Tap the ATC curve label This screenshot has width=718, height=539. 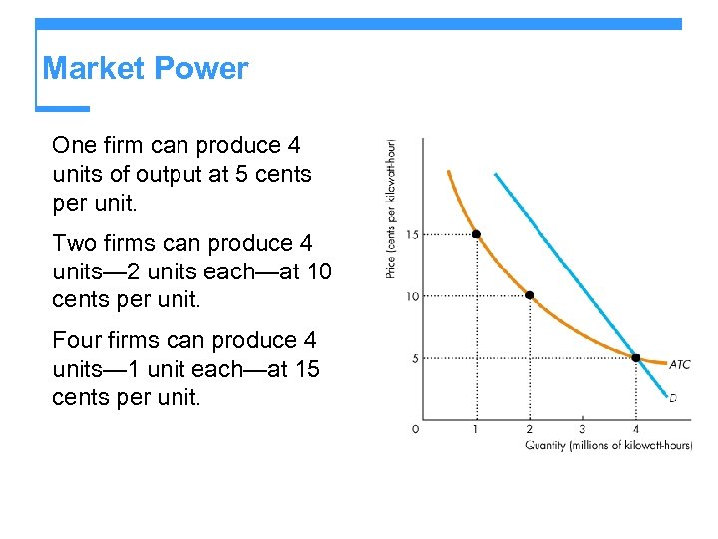click(x=679, y=365)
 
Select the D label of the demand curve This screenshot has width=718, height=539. click(x=673, y=398)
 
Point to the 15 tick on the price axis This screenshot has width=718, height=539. click(x=413, y=234)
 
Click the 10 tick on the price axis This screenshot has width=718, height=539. click(x=413, y=296)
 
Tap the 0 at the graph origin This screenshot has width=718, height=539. click(x=415, y=429)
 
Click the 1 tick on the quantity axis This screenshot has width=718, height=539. click(x=476, y=429)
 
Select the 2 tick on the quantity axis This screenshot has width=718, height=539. click(x=529, y=429)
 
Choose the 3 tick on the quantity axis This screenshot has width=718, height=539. click(x=582, y=429)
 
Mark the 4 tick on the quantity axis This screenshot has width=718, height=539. click(x=635, y=429)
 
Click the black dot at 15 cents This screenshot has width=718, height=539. click(x=476, y=234)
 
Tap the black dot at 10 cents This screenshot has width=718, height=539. click(x=529, y=295)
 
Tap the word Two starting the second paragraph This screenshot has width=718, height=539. click(x=74, y=244)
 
